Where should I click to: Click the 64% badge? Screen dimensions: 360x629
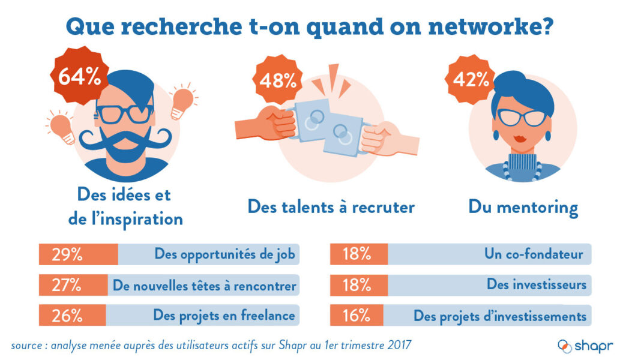(80, 77)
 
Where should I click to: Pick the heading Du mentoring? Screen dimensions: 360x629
(523, 208)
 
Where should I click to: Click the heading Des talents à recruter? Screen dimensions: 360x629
(331, 207)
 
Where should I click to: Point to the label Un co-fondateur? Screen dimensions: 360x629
(534, 254)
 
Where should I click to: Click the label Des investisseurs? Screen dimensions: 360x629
(536, 284)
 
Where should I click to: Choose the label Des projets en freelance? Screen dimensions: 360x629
(224, 316)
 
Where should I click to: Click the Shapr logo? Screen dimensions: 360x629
(585, 346)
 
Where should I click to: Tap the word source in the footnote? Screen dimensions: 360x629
(28, 346)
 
